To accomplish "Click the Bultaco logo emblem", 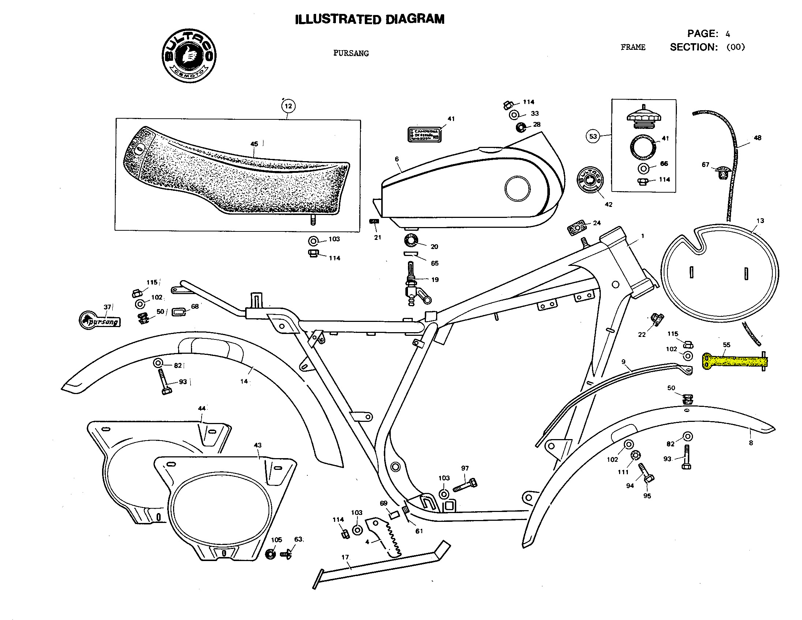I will [x=189, y=56].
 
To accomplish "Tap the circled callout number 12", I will [x=288, y=106].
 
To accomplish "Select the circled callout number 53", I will [x=593, y=136].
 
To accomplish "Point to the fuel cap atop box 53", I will [x=643, y=117].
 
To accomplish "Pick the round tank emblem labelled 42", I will [x=590, y=180].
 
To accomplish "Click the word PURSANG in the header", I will [x=351, y=53].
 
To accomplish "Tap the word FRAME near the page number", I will [x=633, y=47].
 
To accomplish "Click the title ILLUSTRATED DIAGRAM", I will [x=370, y=19].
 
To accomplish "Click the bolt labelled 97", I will [x=465, y=486].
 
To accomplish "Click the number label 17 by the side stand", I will [x=345, y=557].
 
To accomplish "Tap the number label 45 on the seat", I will [x=254, y=144].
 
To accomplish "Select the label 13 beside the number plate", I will [x=760, y=221].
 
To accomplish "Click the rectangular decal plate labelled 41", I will [x=424, y=134].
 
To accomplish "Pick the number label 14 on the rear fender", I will [x=244, y=382].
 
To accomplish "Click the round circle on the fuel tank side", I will [x=517, y=189].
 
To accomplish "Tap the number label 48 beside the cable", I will [x=758, y=138].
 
